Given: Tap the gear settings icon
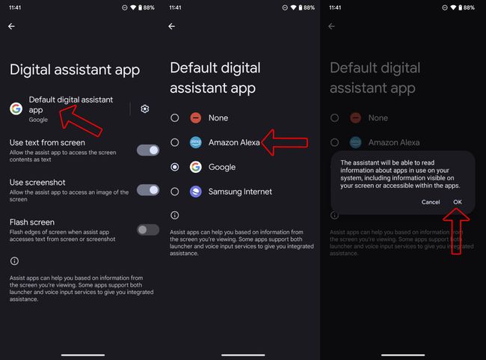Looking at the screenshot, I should pyautogui.click(x=144, y=109).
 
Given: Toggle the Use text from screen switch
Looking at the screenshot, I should pyautogui.click(x=148, y=150).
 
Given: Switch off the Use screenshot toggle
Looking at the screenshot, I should pyautogui.click(x=148, y=189).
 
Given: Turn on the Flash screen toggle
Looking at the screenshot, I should pyautogui.click(x=148, y=229).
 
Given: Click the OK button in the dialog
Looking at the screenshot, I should pyautogui.click(x=457, y=202).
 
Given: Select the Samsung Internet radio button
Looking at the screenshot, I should pyautogui.click(x=175, y=192).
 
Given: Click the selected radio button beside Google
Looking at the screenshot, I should pyautogui.click(x=175, y=167).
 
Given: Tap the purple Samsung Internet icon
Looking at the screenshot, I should pyautogui.click(x=195, y=192).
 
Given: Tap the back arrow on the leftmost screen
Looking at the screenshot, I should pyautogui.click(x=11, y=26).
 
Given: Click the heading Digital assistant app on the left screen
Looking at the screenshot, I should pyautogui.click(x=75, y=70).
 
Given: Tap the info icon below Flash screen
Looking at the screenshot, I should pyautogui.click(x=15, y=260).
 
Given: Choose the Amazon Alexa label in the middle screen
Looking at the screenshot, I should pyautogui.click(x=234, y=142).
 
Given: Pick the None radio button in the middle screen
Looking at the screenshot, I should pyautogui.click(x=175, y=118).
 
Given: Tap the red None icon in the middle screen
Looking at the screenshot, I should pyautogui.click(x=195, y=118).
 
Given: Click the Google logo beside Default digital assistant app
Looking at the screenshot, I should pyautogui.click(x=16, y=109).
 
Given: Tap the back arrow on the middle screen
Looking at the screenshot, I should pyautogui.click(x=171, y=26).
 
